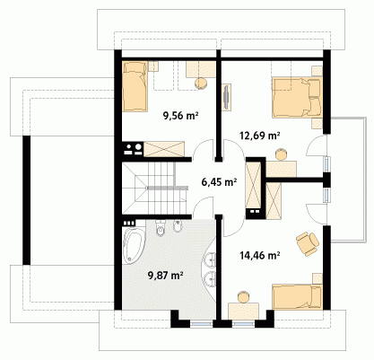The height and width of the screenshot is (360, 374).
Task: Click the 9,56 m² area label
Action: coord(181,115)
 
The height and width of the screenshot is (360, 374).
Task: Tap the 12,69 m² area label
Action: coord(259,136)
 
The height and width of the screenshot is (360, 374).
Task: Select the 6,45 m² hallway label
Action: coord(219,181)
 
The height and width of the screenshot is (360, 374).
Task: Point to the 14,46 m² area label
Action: coord(259,255)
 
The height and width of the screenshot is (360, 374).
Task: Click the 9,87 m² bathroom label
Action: coord(165,275)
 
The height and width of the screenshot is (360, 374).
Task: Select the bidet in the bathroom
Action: coord(178,226)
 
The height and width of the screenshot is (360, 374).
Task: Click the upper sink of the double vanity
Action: coord(211,259)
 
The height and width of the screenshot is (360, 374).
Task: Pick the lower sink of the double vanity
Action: coord(211,279)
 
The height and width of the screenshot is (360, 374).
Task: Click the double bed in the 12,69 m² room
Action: coord(297,97)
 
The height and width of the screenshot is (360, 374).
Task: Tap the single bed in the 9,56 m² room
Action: coord(135,86)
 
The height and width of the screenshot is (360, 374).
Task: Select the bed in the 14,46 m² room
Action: coord(297,296)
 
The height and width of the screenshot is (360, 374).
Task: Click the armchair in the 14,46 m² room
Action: coord(308,244)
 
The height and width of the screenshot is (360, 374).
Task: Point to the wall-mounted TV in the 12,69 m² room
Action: coord(226,97)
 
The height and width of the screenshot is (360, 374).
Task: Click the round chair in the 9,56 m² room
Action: coord(201,83)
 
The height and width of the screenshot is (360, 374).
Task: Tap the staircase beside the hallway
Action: coord(155,188)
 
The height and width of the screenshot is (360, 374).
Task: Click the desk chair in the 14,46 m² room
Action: coord(244,296)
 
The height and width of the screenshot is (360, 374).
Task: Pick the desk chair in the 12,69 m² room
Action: coord(282,154)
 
